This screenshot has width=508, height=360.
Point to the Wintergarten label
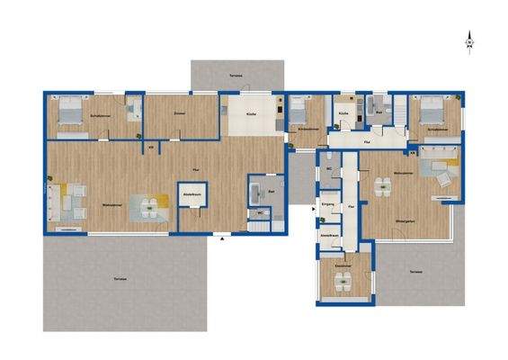tap(405, 220)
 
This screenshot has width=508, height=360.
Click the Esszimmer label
tap(342, 265)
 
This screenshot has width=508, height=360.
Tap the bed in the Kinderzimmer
tap(299, 112)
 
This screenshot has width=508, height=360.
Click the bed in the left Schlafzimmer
tap(70, 112)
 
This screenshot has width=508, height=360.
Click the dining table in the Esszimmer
tap(342, 281)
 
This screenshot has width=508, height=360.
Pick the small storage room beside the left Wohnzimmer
tap(191, 206)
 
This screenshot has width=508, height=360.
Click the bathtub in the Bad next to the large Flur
tap(256, 192)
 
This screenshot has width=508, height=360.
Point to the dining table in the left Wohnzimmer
tap(150, 207)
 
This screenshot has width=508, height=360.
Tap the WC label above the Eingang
tap(330, 168)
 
